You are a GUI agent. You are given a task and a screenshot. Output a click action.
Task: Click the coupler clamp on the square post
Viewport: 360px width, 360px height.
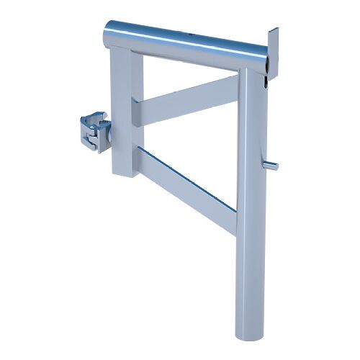tap(93, 130)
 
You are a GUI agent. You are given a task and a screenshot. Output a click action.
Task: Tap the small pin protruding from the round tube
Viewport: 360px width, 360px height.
tap(271, 166)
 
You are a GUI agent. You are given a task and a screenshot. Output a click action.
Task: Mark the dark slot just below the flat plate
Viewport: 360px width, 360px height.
tap(267, 81)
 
